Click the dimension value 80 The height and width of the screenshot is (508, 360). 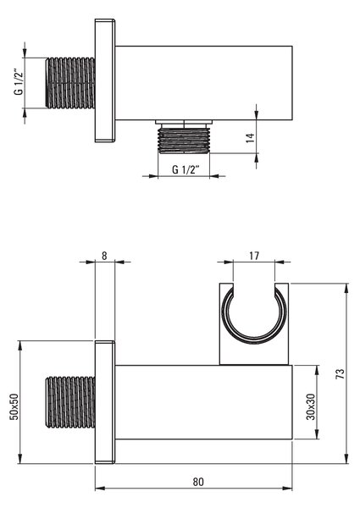tap(198, 482)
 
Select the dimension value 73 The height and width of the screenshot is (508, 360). tap(341, 373)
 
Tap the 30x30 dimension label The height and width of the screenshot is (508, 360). tap(311, 406)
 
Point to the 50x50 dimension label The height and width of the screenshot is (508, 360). tap(14, 406)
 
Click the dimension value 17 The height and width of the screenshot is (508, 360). tap(254, 256)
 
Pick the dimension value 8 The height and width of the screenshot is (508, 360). tap(104, 256)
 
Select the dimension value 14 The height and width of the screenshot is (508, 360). tap(250, 138)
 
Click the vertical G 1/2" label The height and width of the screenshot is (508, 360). tap(19, 83)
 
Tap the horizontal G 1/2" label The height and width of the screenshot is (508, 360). tap(185, 169)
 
